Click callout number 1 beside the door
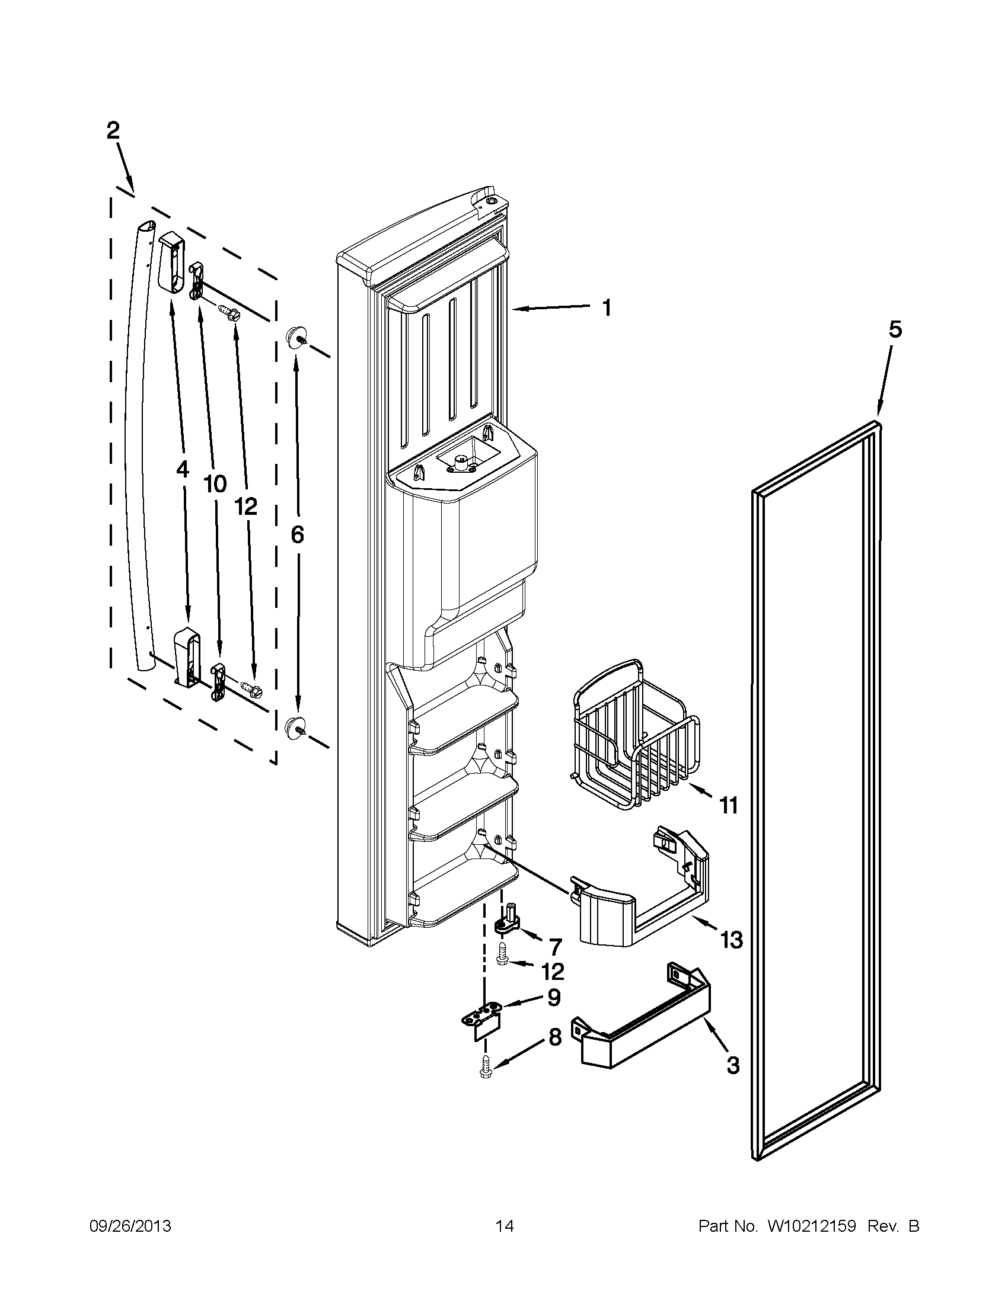click(x=606, y=308)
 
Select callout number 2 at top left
click(x=113, y=130)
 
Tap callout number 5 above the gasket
click(x=895, y=329)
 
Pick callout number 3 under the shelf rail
click(x=733, y=1065)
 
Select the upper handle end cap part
click(x=171, y=263)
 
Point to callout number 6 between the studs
click(x=297, y=534)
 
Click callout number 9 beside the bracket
click(x=554, y=997)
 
